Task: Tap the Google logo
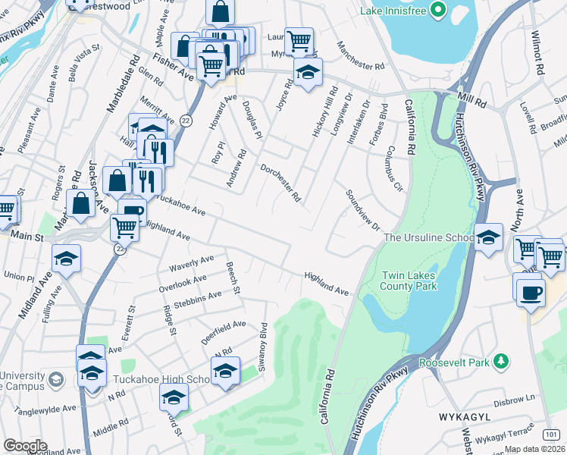tap(25, 446)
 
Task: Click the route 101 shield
tap(552, 433)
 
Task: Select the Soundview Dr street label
tap(362, 210)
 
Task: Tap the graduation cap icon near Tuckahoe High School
tap(225, 372)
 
